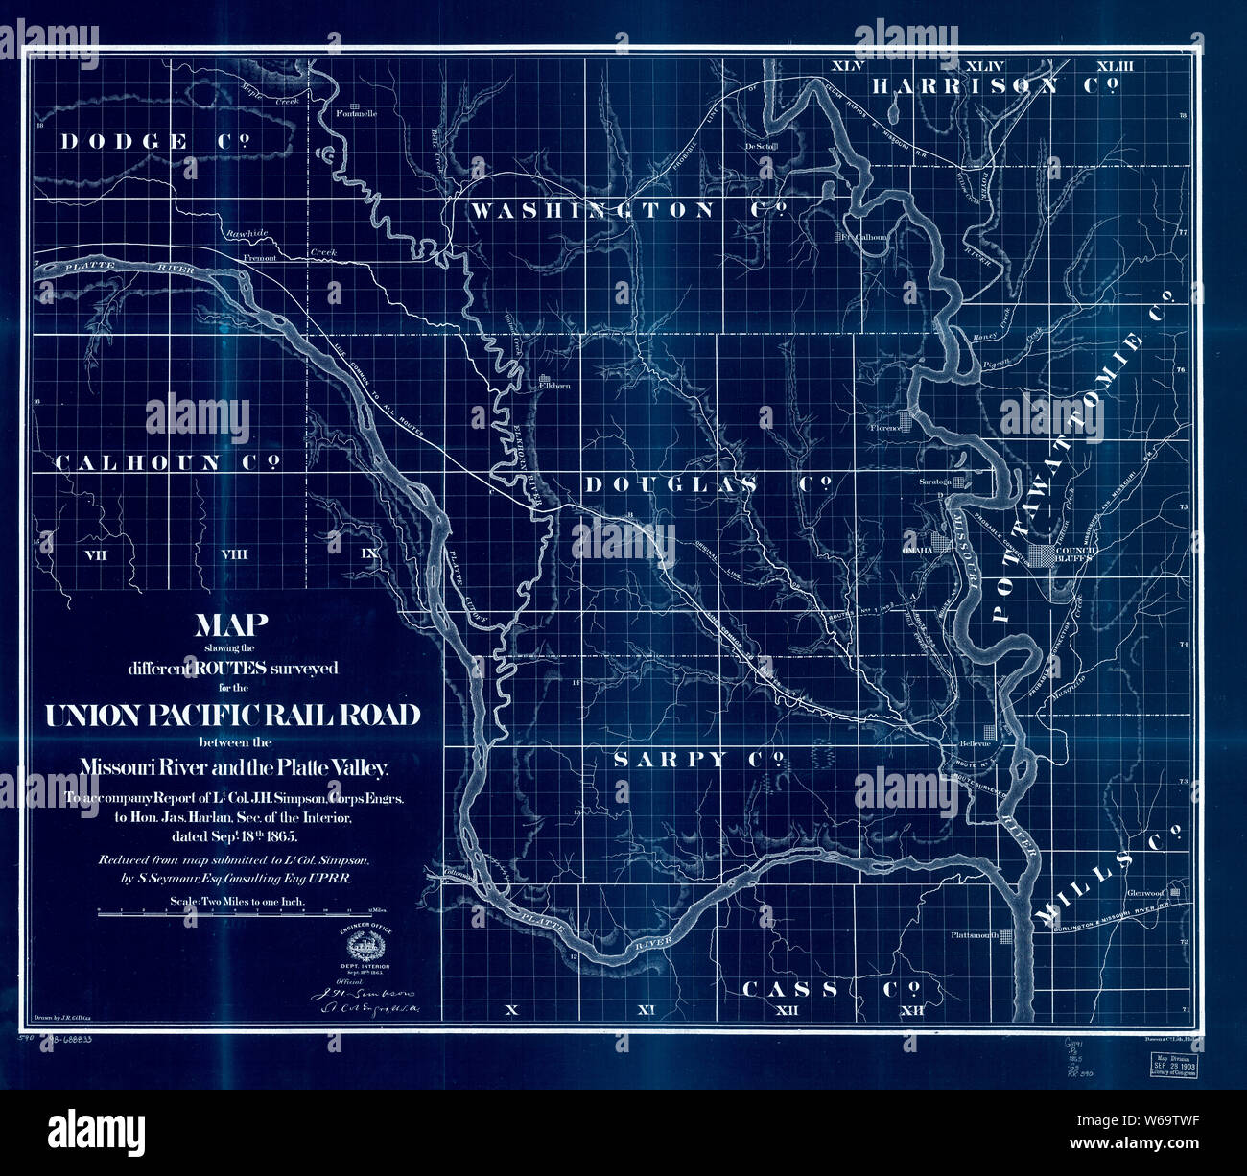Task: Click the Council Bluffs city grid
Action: (x=1043, y=553)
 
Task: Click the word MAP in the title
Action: (x=231, y=626)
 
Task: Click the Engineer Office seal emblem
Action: (x=361, y=948)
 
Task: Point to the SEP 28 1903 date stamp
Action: (x=1180, y=1067)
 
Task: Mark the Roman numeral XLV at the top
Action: (x=848, y=66)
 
